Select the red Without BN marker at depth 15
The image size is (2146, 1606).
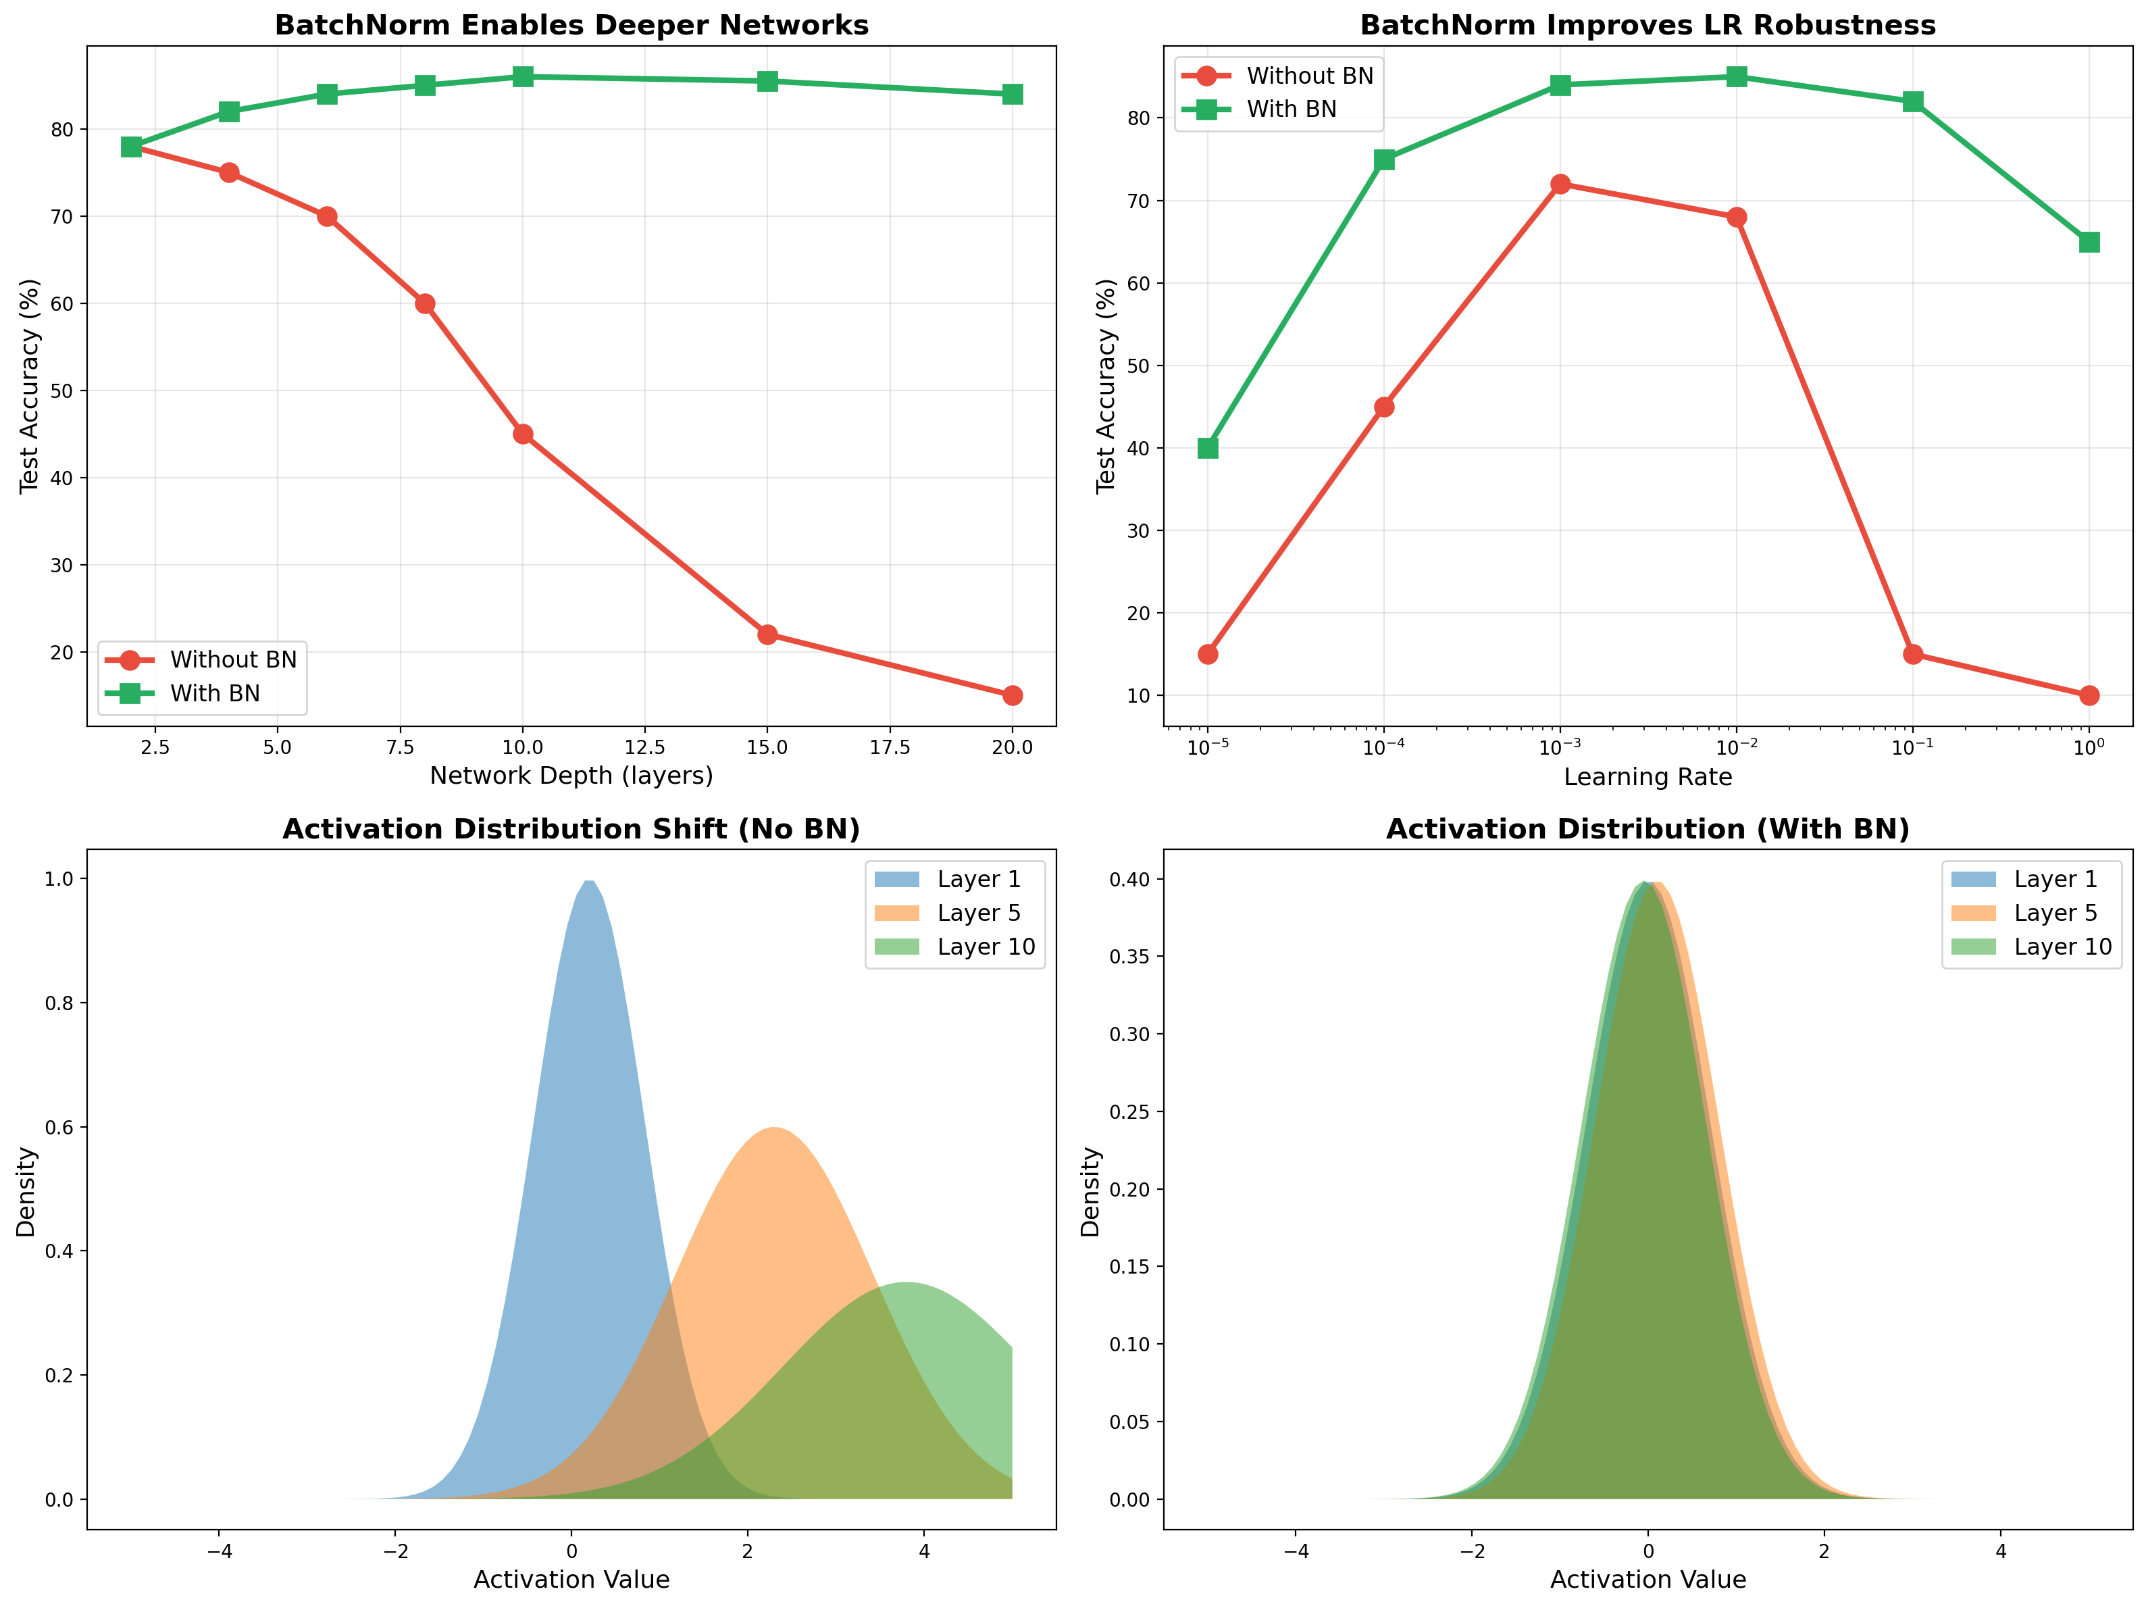point(767,634)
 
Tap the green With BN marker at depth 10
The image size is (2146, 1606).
point(523,76)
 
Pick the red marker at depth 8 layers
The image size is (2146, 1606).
point(425,304)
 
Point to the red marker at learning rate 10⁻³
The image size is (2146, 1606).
point(1560,184)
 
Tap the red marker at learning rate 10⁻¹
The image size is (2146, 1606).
point(1913,654)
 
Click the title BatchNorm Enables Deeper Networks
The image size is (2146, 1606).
point(571,25)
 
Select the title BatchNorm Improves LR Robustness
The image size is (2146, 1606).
point(1647,25)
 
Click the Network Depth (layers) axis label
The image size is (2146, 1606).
point(571,776)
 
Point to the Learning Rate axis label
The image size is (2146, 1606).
point(1647,777)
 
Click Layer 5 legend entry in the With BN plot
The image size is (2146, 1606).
point(2055,913)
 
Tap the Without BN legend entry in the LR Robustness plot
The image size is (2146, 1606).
point(1309,76)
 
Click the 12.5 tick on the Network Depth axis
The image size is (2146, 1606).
point(645,747)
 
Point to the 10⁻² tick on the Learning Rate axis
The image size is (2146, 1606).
point(1737,747)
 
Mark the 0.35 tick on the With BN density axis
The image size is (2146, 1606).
point(1130,957)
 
